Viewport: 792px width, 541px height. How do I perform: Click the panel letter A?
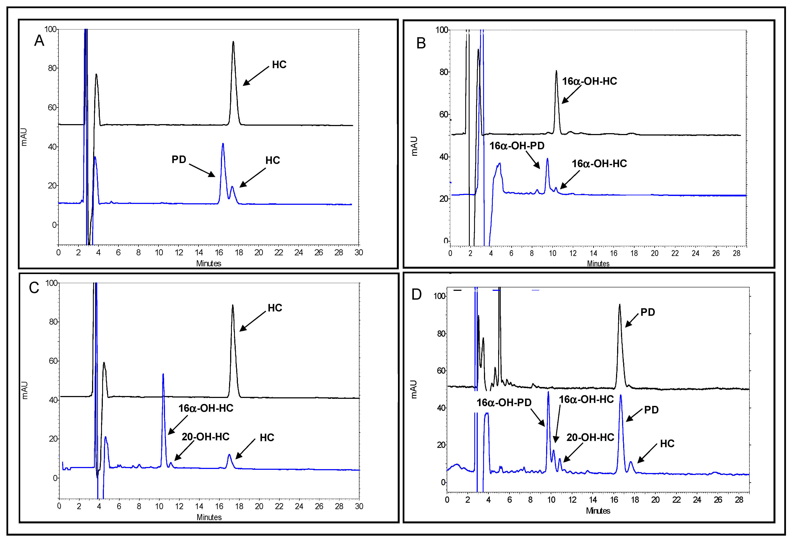point(39,41)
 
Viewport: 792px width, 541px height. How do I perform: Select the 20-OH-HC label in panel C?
point(205,437)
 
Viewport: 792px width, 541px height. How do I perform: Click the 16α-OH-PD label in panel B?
point(517,146)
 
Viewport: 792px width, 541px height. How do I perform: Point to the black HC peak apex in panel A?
point(233,42)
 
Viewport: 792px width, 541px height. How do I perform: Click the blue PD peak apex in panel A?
point(223,144)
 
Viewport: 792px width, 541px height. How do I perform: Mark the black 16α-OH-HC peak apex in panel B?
point(556,71)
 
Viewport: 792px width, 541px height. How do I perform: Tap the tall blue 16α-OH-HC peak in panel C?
point(163,374)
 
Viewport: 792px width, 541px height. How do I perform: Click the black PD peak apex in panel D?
point(619,305)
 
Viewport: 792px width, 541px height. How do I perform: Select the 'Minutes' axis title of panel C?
point(209,517)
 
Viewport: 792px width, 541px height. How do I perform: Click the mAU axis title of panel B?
point(414,146)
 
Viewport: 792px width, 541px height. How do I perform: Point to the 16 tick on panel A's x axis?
point(219,253)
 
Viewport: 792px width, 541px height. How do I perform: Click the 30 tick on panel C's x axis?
point(359,506)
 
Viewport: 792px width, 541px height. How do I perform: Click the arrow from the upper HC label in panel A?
point(256,76)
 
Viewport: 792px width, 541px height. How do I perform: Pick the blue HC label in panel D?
point(667,444)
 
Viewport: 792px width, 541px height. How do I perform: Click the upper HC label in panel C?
point(275,308)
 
